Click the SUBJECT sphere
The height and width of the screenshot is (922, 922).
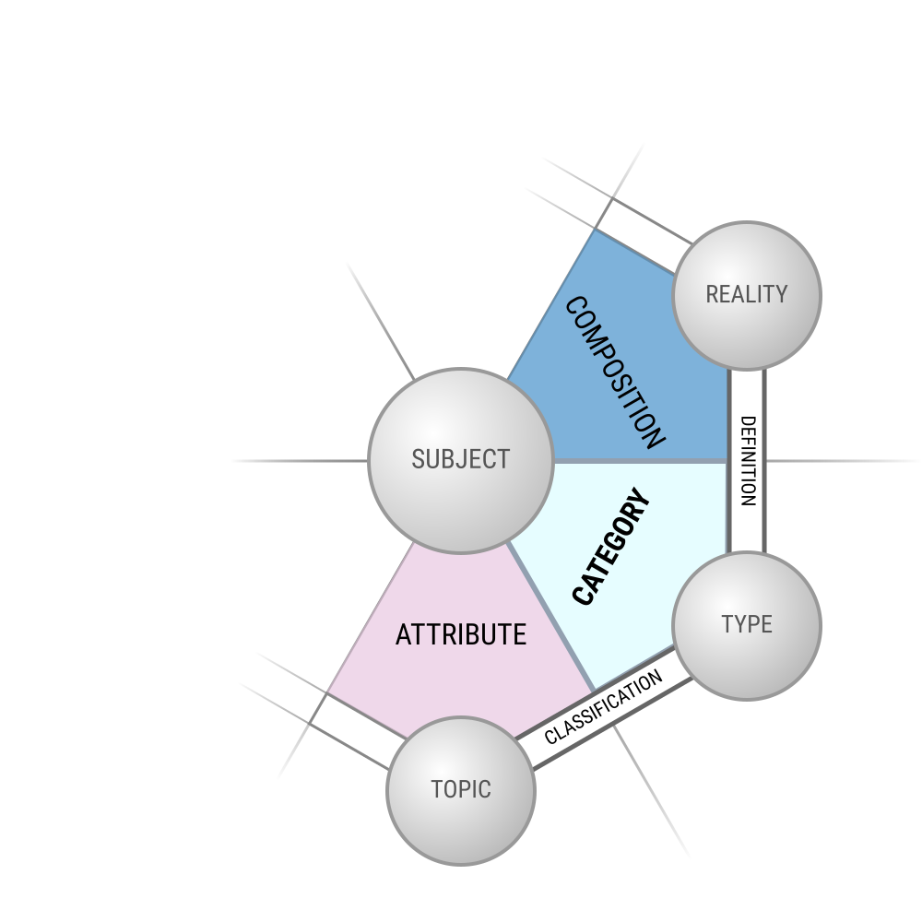pos(460,460)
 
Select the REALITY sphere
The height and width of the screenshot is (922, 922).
pos(747,295)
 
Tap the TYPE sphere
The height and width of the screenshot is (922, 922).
pos(747,626)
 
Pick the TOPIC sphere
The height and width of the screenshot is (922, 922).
pos(460,791)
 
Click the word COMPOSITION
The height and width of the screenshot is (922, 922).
pos(615,372)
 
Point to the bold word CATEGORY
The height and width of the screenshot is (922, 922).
pos(611,546)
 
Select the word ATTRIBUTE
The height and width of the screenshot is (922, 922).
pos(461,635)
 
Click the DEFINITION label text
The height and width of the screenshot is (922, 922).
pos(747,461)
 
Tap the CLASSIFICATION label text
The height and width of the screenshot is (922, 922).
pos(603,707)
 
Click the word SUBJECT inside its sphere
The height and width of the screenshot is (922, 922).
pos(460,459)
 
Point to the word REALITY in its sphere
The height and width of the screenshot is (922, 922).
pos(747,295)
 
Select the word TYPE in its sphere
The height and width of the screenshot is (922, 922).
pos(747,624)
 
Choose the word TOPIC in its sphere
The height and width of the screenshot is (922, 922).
pos(461,790)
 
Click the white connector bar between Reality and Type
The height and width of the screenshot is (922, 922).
pos(747,460)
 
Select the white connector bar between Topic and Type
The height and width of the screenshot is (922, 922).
pos(604,708)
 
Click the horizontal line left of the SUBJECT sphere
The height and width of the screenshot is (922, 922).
pos(300,461)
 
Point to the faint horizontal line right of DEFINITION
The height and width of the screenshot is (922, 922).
pos(844,461)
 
